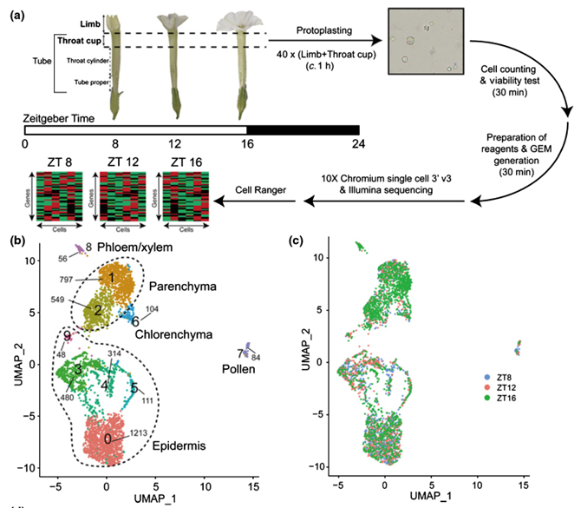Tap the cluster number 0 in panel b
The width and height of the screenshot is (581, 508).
(108, 439)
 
